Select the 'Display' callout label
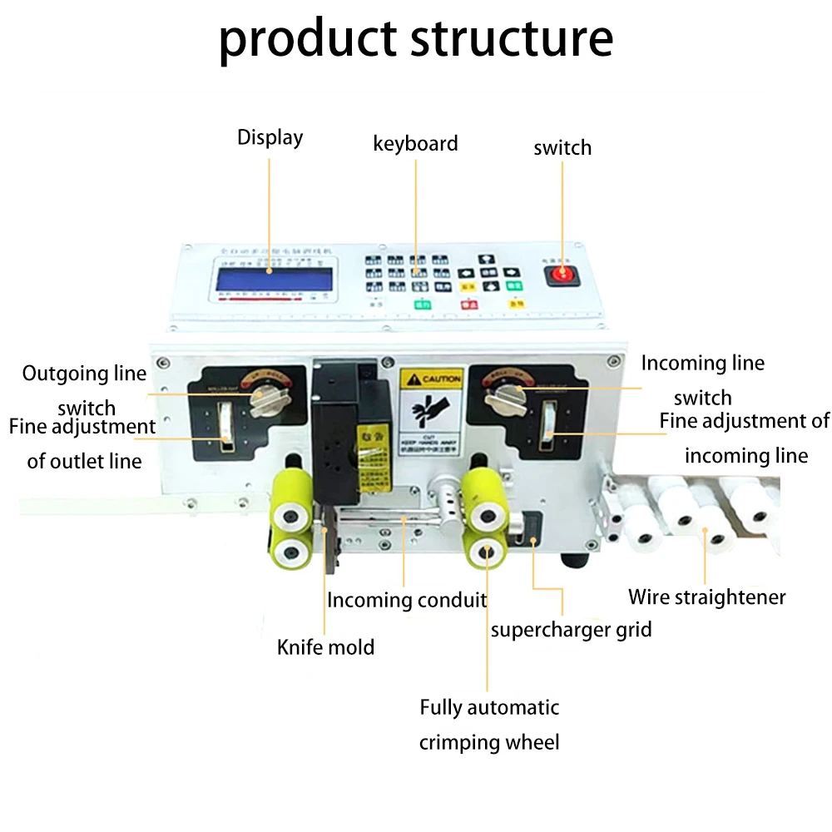(x=270, y=137)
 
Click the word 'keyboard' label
(x=415, y=143)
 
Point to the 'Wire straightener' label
(x=706, y=597)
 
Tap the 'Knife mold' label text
(x=325, y=646)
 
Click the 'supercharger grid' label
(x=571, y=629)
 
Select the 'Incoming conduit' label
(x=406, y=600)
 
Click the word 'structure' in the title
(x=507, y=38)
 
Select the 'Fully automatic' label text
(x=489, y=708)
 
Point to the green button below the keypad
(x=422, y=305)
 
